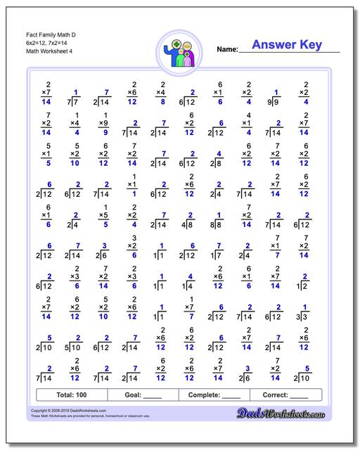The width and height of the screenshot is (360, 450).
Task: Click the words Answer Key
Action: point(287,46)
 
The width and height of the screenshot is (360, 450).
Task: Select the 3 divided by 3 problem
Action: point(304,312)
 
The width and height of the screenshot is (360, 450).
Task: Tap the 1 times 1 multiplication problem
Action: point(132,186)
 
